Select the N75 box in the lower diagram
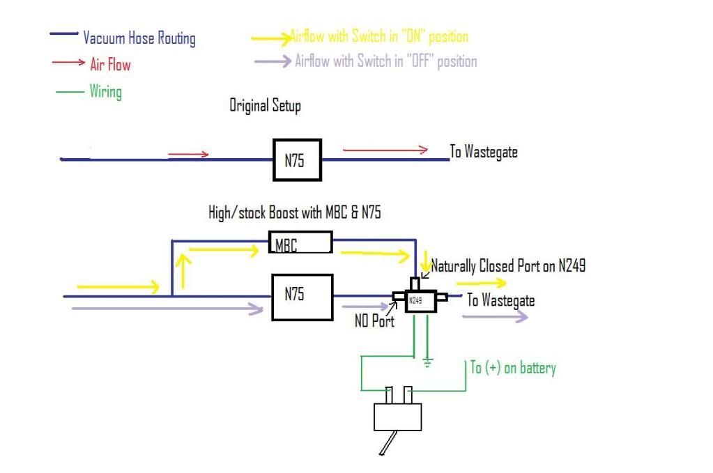pyautogui.click(x=302, y=296)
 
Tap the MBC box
pyautogui.click(x=300, y=244)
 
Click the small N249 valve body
pyautogui.click(x=416, y=300)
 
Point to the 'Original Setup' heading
pyautogui.click(x=265, y=107)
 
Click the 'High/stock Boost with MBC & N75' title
pyautogui.click(x=295, y=213)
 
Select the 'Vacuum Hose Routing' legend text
pyautogui.click(x=139, y=38)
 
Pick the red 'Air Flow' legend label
pyautogui.click(x=110, y=65)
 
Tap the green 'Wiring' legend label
pyautogui.click(x=105, y=91)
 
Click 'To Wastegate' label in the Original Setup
pyautogui.click(x=483, y=152)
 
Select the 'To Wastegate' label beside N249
pyautogui.click(x=500, y=300)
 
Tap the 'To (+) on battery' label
pyautogui.click(x=513, y=368)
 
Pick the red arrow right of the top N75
pyautogui.click(x=385, y=149)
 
